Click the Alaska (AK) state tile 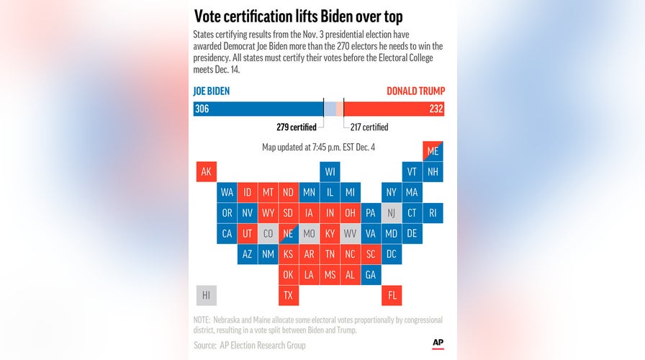pos(207,172)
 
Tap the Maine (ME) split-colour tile pos(433,151)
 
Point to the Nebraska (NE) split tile pos(289,234)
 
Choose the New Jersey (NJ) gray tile pos(392,213)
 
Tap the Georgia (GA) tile pos(371,275)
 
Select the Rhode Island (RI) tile pos(433,213)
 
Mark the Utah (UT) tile pos(248,234)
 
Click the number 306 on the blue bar pos(202,109)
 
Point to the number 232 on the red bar pos(436,109)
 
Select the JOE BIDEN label pos(212,91)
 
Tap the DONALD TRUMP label pos(415,91)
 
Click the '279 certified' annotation pos(297,127)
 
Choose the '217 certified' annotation pos(369,127)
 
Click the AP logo pos(438,343)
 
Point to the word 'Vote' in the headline pos(211,17)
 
